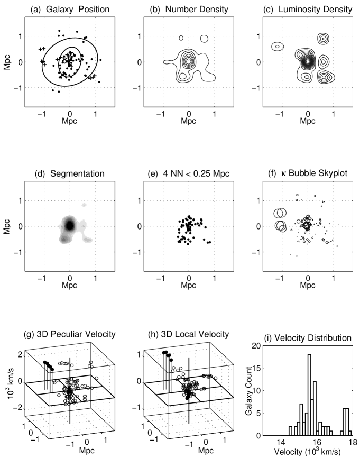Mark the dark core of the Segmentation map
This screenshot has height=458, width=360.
tap(69, 225)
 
